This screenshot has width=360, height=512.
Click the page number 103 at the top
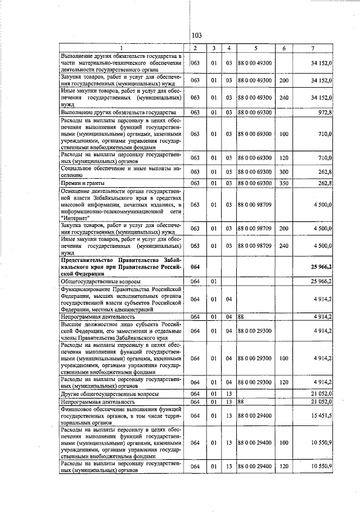(196, 36)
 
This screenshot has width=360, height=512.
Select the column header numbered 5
(255, 48)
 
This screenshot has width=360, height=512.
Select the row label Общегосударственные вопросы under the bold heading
(100, 280)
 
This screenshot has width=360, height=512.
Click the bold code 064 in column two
(195, 265)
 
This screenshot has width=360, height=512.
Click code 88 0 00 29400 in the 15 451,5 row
(255, 430)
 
